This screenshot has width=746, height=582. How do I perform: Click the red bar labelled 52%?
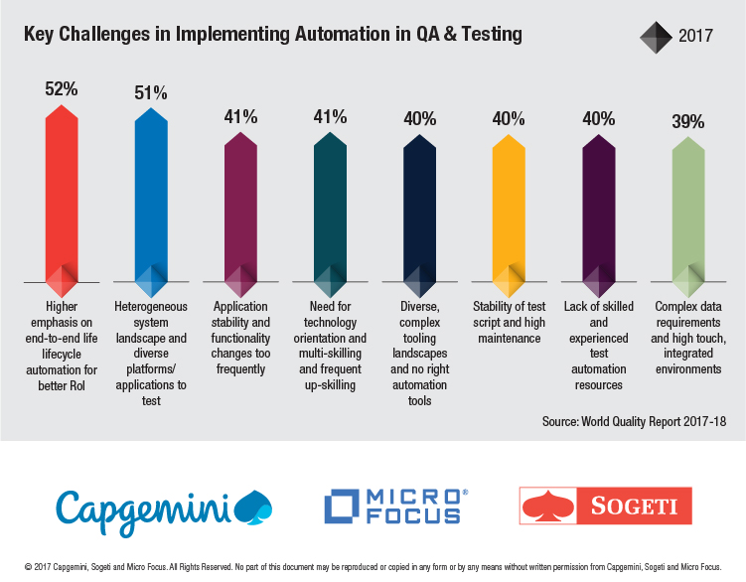point(62,199)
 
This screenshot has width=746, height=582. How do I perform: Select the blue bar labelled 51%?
point(151,199)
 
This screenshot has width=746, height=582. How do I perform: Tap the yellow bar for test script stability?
point(509,209)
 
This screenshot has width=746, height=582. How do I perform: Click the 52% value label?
point(62,88)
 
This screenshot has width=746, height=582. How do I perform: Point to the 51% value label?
point(151,93)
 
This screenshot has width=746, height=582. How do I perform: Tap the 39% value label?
point(687,122)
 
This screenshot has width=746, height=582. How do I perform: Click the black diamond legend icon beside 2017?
point(657,37)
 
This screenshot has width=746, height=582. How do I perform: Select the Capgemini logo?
point(164,507)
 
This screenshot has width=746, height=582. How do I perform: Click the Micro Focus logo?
point(395,506)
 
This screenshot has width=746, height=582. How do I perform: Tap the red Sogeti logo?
point(606,506)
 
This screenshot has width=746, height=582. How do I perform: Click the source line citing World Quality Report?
point(634,421)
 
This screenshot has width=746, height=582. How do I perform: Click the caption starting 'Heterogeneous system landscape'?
point(151,354)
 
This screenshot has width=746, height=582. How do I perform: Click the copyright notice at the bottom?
point(373,565)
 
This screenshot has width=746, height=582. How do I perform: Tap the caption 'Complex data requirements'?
point(687,338)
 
